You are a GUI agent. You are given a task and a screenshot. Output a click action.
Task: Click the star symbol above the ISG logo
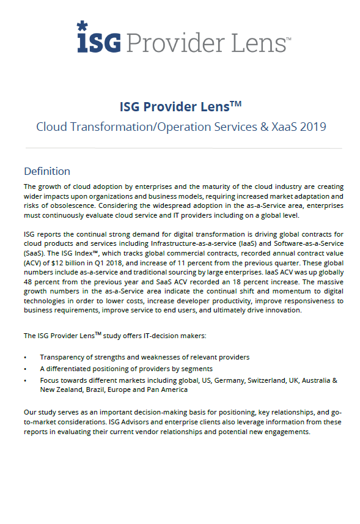[82, 26]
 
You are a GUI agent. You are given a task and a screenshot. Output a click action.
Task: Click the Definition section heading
[47, 171]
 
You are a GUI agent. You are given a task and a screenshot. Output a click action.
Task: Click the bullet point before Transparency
[25, 357]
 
